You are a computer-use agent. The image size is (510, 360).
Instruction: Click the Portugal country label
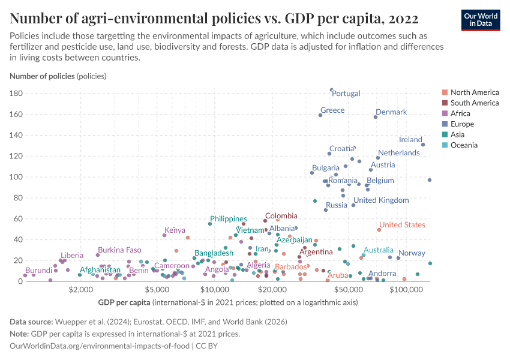[346, 94]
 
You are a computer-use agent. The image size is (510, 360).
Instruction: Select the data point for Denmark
[376, 116]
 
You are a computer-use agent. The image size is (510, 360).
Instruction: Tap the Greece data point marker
[320, 115]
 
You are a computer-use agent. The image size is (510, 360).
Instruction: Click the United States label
[402, 225]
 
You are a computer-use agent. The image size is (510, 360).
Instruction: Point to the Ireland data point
[423, 145]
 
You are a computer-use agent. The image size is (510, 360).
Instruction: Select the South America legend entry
[475, 103]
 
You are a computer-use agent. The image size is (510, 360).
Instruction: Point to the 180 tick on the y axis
[16, 94]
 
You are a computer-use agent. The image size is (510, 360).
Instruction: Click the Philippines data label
[228, 219]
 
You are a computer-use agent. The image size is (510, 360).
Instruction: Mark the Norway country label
[412, 253]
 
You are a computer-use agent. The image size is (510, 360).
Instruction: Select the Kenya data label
[175, 230]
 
